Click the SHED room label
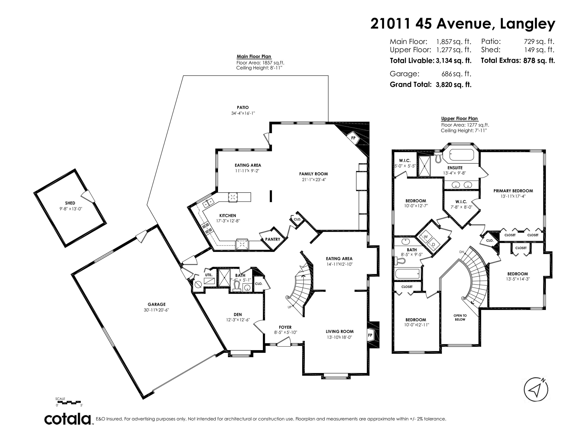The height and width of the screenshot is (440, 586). click(x=70, y=203)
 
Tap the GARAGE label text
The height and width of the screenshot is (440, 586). click(x=157, y=304)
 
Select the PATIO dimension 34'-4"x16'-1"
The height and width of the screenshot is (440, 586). click(x=243, y=113)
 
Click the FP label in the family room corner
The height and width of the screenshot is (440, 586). click(x=353, y=138)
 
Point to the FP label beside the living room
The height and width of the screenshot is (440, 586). click(x=370, y=335)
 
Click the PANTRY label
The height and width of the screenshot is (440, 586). click(x=273, y=239)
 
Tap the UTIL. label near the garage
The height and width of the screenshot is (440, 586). click(x=209, y=275)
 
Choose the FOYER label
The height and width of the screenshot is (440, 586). click(x=285, y=327)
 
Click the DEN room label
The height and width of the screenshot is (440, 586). click(x=238, y=315)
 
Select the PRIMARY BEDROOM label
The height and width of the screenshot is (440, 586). click(x=513, y=191)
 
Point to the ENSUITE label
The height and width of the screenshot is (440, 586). click(x=455, y=168)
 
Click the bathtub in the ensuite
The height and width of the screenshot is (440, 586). click(x=461, y=155)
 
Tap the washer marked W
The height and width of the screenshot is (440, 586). click(x=426, y=236)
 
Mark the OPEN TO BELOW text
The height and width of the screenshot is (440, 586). click(x=460, y=317)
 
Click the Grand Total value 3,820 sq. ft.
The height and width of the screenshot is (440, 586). click(x=454, y=85)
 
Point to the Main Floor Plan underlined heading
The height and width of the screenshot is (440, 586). click(x=254, y=57)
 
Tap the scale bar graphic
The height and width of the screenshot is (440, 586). click(x=69, y=402)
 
